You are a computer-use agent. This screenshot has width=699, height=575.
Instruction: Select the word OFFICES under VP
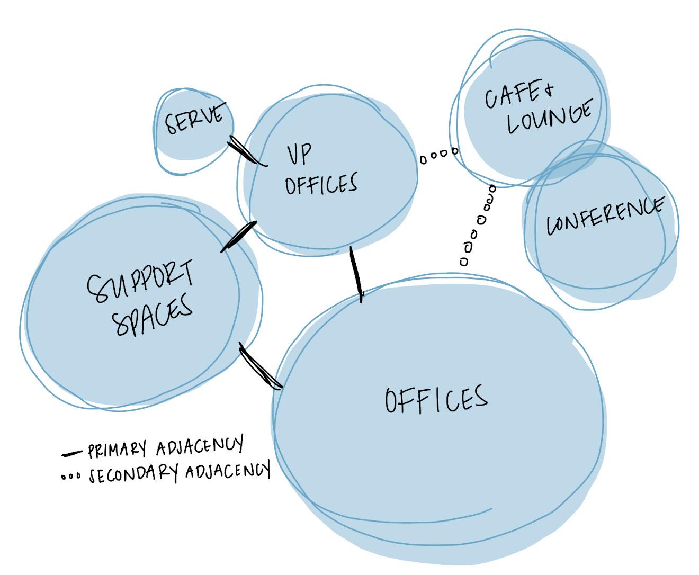pyautogui.click(x=321, y=184)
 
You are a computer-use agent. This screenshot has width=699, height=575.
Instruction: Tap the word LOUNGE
pyautogui.click(x=549, y=117)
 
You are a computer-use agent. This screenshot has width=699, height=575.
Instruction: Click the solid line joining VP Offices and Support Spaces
pyautogui.click(x=238, y=237)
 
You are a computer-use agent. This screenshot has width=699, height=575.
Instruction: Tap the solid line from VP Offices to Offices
pyautogui.click(x=356, y=274)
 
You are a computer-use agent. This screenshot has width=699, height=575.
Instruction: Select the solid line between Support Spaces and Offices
pyautogui.click(x=260, y=366)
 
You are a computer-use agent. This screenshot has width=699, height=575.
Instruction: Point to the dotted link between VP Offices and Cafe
pyautogui.click(x=439, y=155)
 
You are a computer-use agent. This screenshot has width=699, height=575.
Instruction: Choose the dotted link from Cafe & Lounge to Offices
pyautogui.click(x=478, y=224)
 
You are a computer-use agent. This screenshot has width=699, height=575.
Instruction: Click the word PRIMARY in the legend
pyautogui.click(x=116, y=450)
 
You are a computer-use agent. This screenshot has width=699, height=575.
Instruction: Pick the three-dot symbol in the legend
pyautogui.click(x=70, y=477)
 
